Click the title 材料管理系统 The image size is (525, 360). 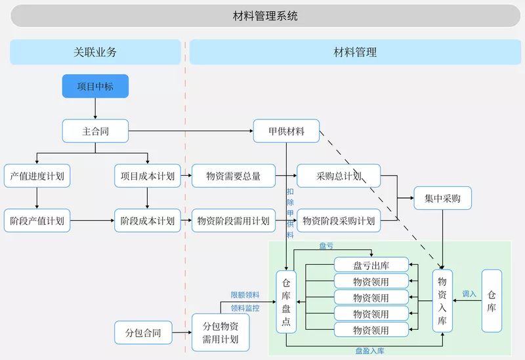[265, 16]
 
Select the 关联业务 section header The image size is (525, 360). [95, 52]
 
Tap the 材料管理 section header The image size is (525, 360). [355, 52]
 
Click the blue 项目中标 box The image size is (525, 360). [95, 86]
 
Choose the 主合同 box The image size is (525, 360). [95, 131]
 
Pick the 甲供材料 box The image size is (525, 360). [287, 131]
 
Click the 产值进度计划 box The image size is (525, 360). [37, 176]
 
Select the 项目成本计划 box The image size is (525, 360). [148, 176]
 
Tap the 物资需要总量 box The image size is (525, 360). [233, 176]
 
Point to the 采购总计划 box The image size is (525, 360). [339, 176]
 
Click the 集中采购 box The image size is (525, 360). [442, 197]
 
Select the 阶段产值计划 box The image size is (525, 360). [37, 221]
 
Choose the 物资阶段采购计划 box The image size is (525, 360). [339, 221]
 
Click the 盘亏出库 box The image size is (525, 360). [371, 266]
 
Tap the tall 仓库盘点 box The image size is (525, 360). [286, 301]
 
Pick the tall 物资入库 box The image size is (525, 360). [442, 301]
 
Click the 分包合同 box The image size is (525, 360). [138, 332]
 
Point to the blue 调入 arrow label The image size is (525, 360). [469, 294]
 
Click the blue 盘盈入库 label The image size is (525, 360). [370, 351]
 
